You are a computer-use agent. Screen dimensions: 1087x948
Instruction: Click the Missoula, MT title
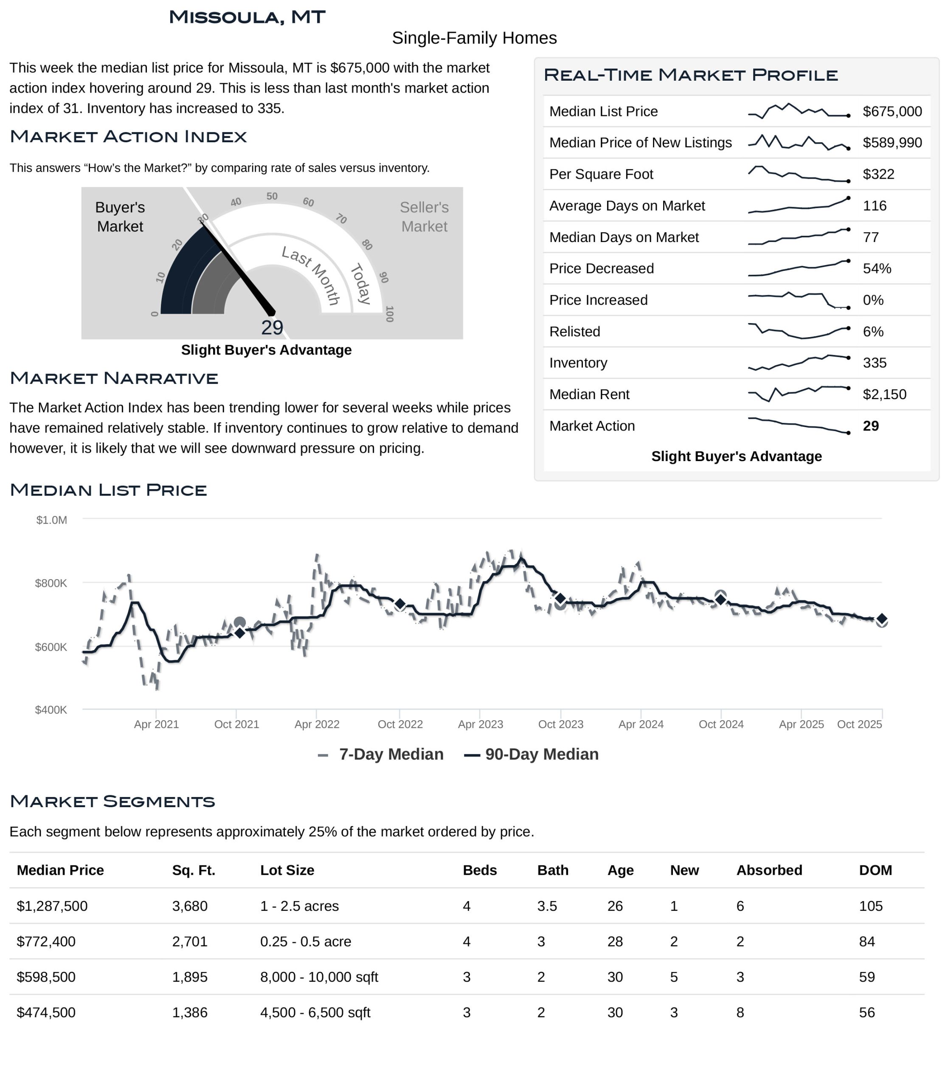(x=247, y=17)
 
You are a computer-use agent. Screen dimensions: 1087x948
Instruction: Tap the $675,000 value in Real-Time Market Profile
(x=892, y=111)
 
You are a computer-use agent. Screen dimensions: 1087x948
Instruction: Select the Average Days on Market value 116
(x=875, y=206)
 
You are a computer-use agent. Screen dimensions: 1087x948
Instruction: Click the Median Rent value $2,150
(x=884, y=394)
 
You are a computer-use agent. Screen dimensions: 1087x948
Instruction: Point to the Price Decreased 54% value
(x=877, y=268)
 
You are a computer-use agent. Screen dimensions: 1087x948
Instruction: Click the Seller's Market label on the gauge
(x=424, y=217)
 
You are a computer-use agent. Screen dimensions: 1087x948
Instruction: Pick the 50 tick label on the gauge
(x=272, y=196)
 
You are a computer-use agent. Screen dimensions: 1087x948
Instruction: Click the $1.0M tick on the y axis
(x=51, y=520)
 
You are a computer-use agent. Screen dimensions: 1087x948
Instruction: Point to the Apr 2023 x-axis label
(x=480, y=724)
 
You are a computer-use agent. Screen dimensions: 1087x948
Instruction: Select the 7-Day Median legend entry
(x=381, y=754)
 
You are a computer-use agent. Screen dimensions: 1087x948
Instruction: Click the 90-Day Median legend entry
(x=532, y=754)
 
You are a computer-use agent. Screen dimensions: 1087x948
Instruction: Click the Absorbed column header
(x=769, y=870)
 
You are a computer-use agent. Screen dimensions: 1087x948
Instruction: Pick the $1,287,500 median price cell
(x=52, y=906)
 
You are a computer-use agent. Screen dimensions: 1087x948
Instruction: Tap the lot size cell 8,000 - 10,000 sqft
(x=319, y=977)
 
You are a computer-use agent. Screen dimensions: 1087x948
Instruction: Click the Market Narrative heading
(x=114, y=378)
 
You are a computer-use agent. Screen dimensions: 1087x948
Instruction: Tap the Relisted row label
(x=574, y=331)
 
